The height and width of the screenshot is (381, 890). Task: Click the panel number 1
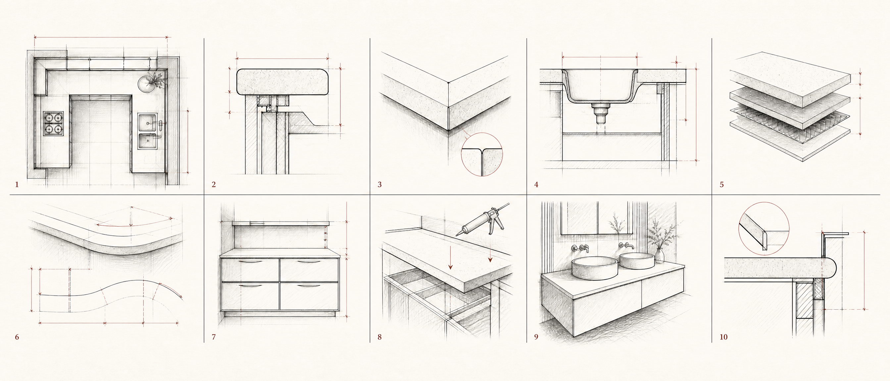17,185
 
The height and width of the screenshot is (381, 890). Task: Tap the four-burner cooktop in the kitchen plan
53,124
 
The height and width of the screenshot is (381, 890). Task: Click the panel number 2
214,185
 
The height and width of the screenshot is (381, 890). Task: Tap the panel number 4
536,185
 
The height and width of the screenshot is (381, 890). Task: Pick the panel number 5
722,185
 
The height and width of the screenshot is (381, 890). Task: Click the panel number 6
17,337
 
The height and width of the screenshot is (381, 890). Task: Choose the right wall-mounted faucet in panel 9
626,246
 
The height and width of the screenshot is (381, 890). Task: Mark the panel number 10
723,337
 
